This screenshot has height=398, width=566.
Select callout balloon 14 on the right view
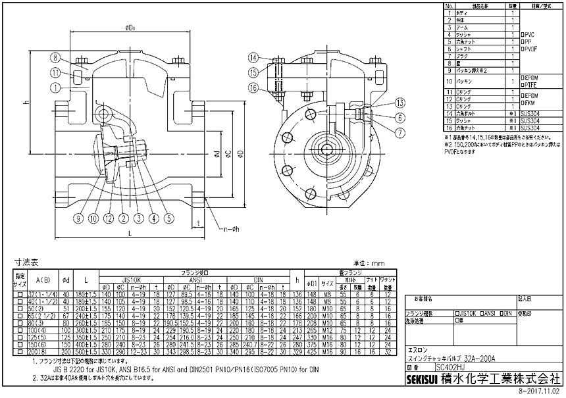tap(254, 57)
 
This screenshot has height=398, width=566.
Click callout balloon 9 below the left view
tap(80, 218)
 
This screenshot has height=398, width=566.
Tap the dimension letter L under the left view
tap(131, 234)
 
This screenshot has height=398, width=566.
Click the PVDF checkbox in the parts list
tap(521, 48)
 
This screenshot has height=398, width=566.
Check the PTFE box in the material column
tap(521, 84)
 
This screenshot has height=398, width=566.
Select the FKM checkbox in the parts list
tap(521, 103)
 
